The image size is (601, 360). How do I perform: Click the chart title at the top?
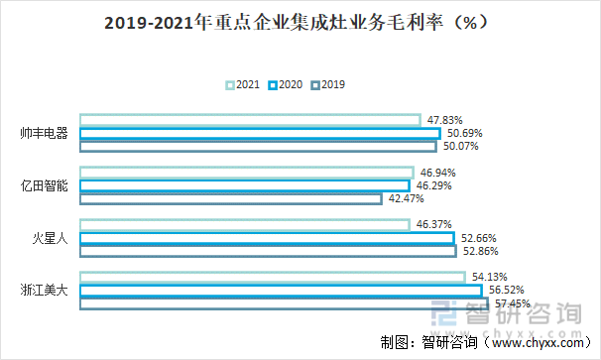tap(300, 23)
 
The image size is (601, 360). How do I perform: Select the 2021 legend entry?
tap(243, 85)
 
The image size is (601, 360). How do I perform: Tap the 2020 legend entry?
tap(286, 85)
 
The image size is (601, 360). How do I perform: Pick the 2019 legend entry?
tap(328, 85)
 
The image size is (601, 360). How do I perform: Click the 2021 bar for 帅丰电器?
tap(249, 121)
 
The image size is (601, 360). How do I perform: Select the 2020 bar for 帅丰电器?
tap(259, 134)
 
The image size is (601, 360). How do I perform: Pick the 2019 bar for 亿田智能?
tap(230, 198)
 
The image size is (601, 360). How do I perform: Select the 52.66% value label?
tap(479, 238)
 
